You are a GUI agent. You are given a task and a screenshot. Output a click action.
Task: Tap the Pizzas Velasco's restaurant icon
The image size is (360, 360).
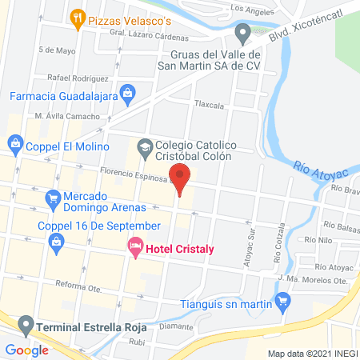click(78, 18)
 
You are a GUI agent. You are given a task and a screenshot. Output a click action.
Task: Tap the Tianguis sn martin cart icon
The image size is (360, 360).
click(281, 302)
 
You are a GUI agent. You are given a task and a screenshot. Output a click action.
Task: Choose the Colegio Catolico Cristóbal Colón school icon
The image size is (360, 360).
click(144, 148)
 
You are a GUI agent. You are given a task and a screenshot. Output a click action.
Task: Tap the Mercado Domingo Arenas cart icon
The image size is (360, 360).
click(53, 197)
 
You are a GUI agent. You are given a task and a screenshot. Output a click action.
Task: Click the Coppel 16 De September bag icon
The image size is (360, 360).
click(55, 248)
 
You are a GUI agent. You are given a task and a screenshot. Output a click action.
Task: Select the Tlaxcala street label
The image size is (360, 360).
click(209, 104)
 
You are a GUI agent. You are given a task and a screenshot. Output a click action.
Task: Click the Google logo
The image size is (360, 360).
click(26, 350)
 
